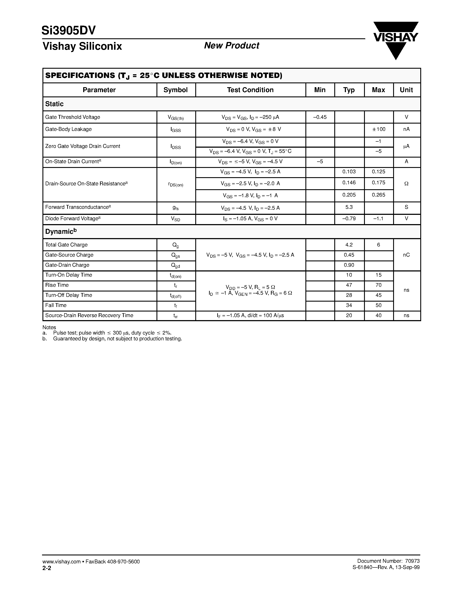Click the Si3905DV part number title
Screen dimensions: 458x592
[x=69, y=31]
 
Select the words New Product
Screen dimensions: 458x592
[x=231, y=46]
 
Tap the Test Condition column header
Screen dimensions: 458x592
[x=250, y=90]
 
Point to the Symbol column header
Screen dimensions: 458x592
[x=175, y=90]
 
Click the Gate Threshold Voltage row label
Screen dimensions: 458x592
[x=73, y=117]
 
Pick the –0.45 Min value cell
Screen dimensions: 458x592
[x=320, y=117]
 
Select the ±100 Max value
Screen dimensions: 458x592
[x=378, y=129]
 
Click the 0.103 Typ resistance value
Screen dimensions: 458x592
[x=349, y=172]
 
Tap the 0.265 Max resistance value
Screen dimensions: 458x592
[x=378, y=195]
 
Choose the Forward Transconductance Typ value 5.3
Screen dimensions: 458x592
[x=349, y=207]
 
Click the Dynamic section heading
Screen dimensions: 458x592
[x=61, y=231]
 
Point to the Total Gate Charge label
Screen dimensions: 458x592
[x=66, y=245]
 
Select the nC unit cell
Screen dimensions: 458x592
[x=406, y=255]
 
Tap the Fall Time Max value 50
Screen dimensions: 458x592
[x=378, y=305]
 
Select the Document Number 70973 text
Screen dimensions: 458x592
[x=388, y=561]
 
